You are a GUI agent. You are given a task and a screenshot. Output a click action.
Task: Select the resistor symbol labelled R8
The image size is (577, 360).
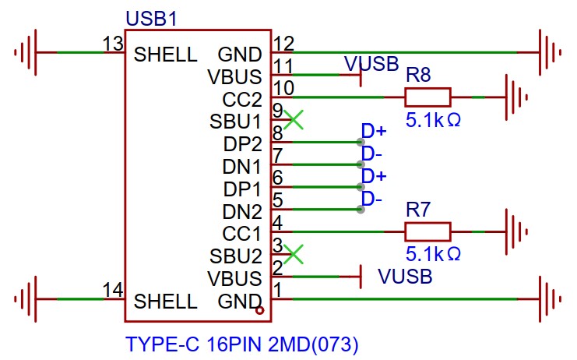[427, 97]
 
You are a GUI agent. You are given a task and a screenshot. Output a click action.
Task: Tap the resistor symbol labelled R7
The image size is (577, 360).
[427, 231]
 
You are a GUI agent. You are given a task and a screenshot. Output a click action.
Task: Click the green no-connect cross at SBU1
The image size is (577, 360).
[294, 120]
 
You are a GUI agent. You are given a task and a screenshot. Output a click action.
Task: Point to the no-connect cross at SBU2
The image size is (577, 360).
[294, 253]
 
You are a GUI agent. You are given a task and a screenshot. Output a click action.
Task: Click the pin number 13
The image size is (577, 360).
[114, 44]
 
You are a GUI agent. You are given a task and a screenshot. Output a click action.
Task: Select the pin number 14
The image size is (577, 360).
[114, 291]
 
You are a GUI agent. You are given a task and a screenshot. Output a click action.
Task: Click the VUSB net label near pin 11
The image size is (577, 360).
[371, 63]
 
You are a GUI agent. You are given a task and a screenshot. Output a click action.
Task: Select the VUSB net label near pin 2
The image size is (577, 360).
[405, 277]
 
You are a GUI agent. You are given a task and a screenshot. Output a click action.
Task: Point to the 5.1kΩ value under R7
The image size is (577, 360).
[433, 254]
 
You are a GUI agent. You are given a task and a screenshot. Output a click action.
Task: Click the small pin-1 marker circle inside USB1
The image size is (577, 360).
[261, 311]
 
